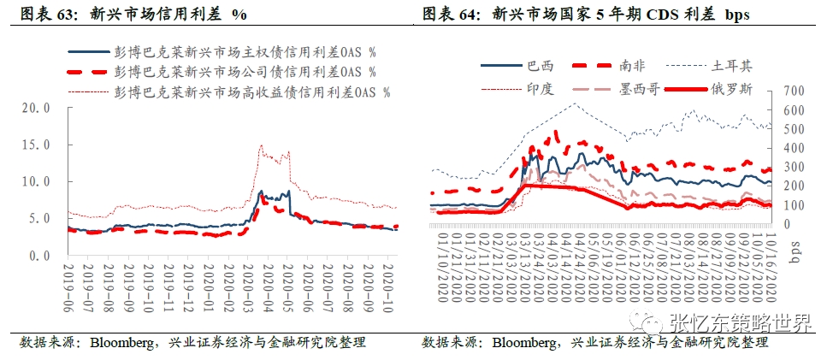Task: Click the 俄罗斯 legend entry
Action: click(728, 88)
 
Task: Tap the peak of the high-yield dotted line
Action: click(261, 146)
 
